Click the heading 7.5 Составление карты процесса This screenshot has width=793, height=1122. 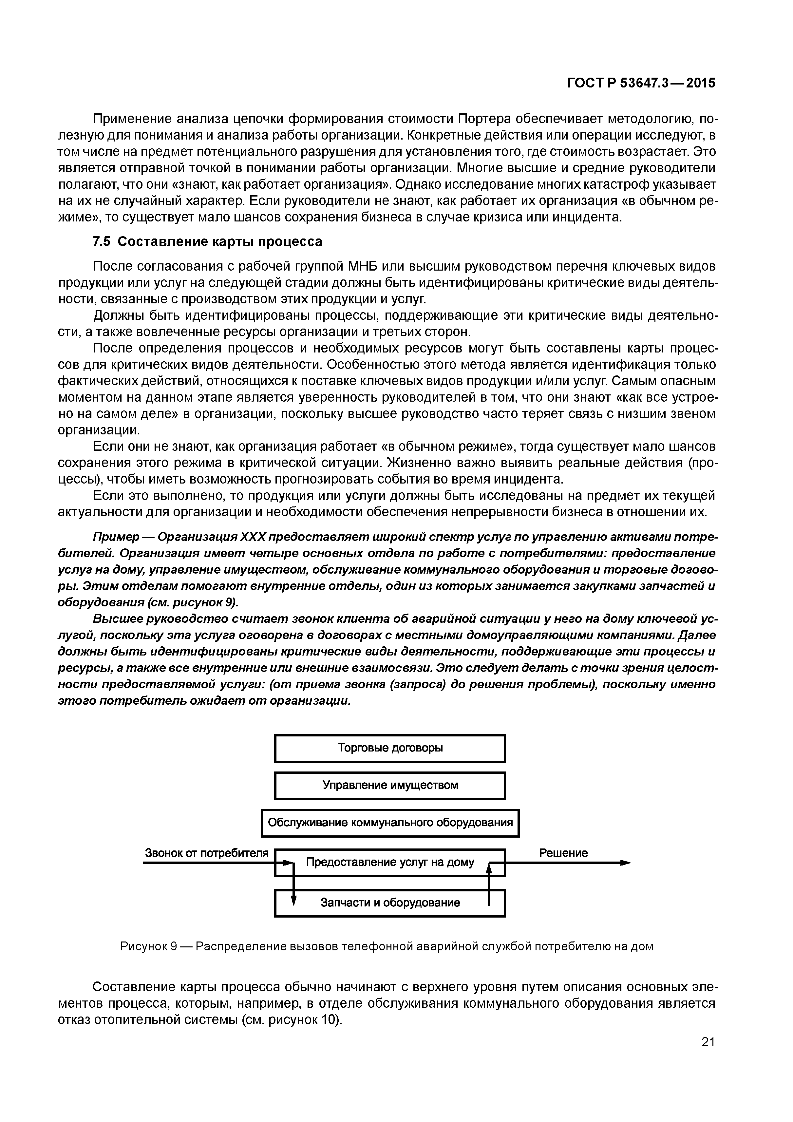[208, 241]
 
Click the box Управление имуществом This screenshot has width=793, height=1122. [390, 785]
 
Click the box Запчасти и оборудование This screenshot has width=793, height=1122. [390, 903]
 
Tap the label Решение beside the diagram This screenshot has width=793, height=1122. [563, 853]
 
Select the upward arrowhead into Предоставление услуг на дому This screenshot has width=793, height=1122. [489, 867]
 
